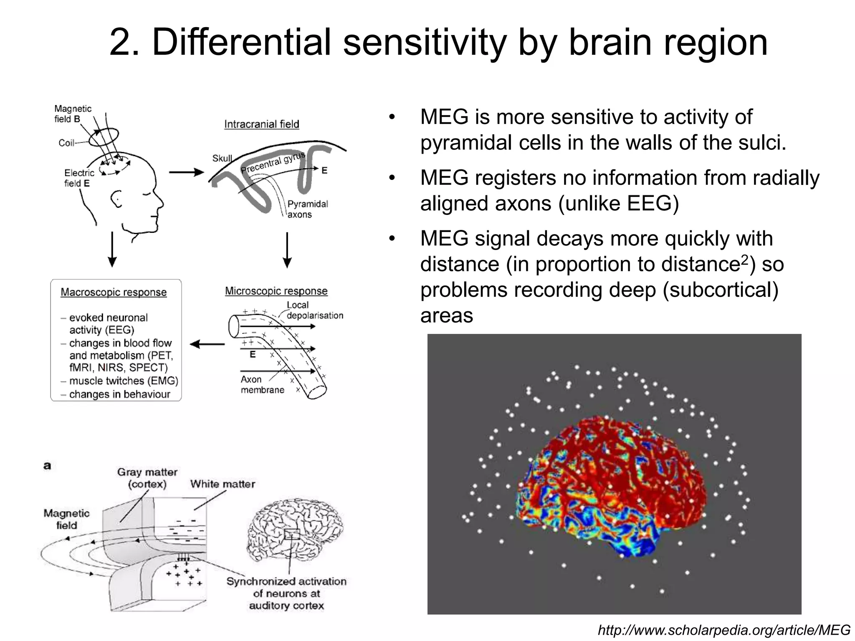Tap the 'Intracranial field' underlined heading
261,124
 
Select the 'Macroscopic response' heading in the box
114,292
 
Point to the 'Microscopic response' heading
276,291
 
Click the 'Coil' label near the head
66,143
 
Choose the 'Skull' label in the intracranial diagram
222,158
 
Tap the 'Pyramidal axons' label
307,209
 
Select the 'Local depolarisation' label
314,310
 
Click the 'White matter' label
223,484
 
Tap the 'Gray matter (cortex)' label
147,478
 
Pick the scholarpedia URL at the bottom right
724,630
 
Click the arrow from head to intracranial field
186,172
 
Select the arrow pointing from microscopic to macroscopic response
207,344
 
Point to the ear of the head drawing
117,199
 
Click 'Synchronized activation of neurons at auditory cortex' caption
286,593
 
